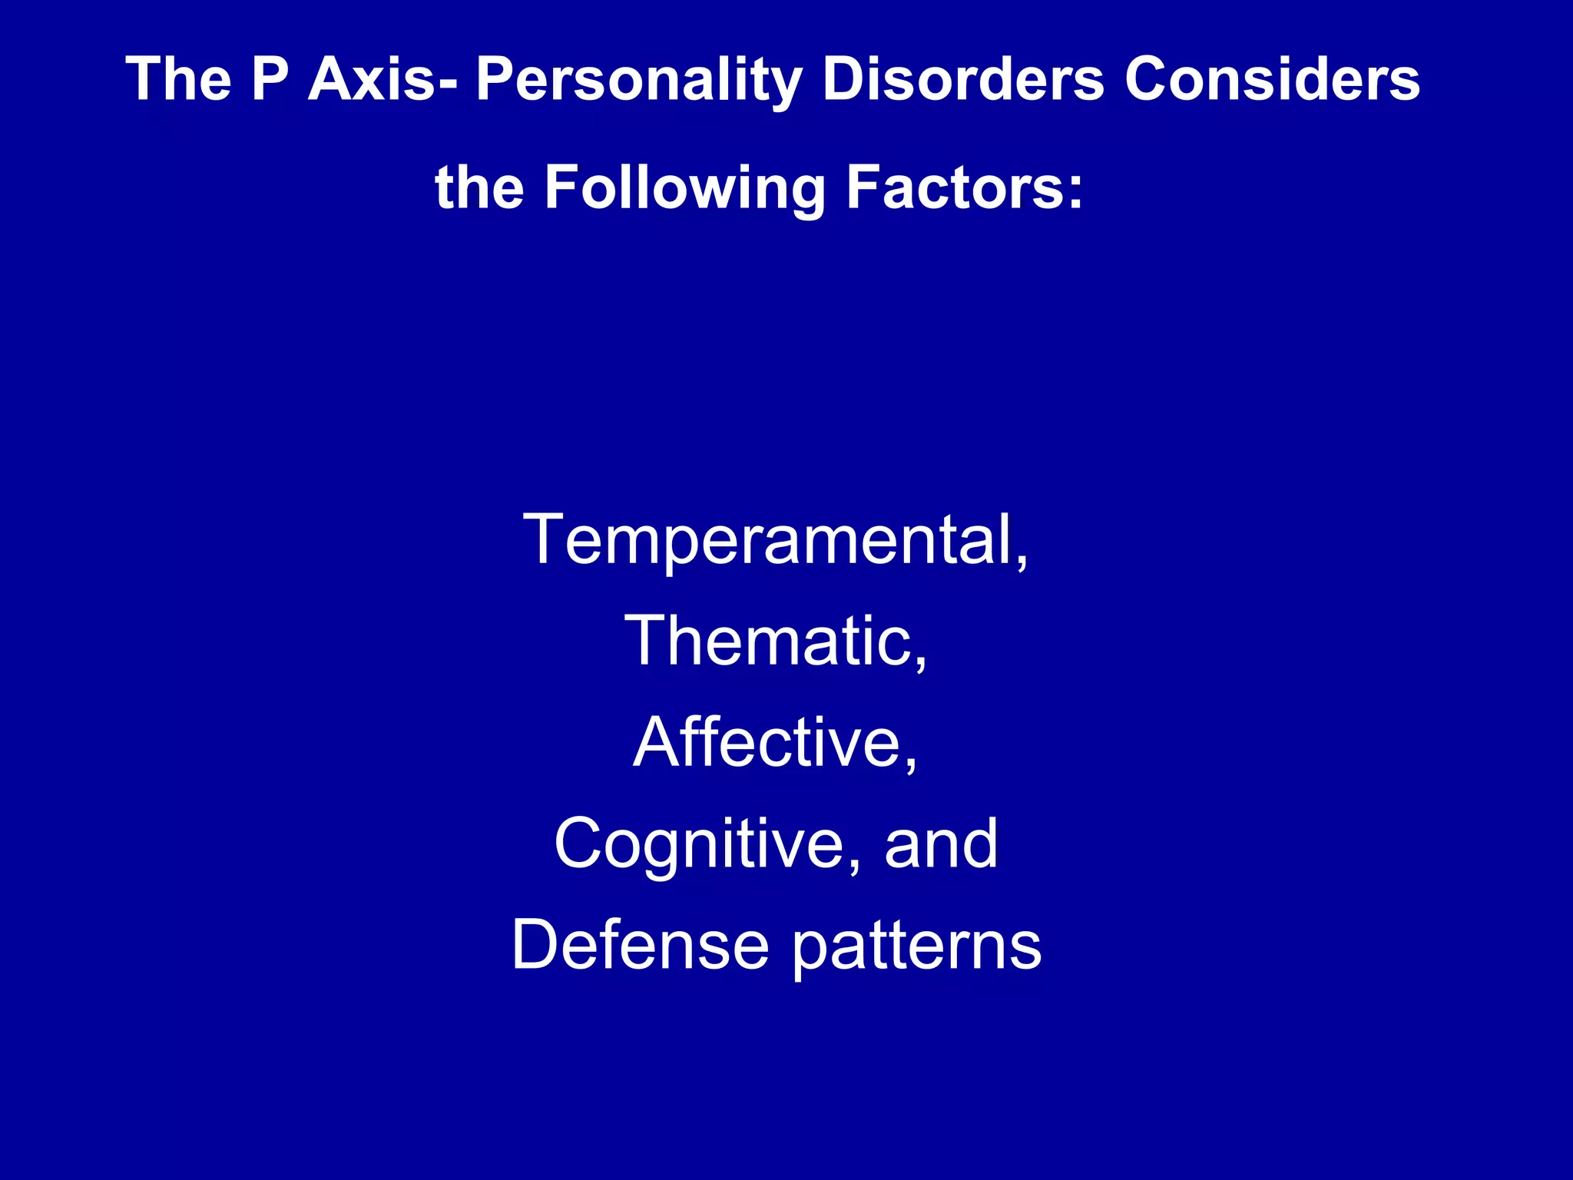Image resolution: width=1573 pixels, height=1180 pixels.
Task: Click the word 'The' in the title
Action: [178, 78]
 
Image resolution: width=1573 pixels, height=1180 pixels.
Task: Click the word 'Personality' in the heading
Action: [639, 80]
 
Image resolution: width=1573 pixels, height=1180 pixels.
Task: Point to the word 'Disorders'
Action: [962, 78]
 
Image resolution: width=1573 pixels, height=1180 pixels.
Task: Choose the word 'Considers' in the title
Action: [1273, 78]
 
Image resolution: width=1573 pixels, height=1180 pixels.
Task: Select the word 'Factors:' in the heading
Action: [965, 187]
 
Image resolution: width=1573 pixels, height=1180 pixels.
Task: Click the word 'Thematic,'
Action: [776, 641]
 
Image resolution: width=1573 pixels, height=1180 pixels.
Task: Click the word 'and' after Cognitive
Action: [941, 844]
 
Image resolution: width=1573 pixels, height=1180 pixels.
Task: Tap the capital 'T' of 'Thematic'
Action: [650, 641]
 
